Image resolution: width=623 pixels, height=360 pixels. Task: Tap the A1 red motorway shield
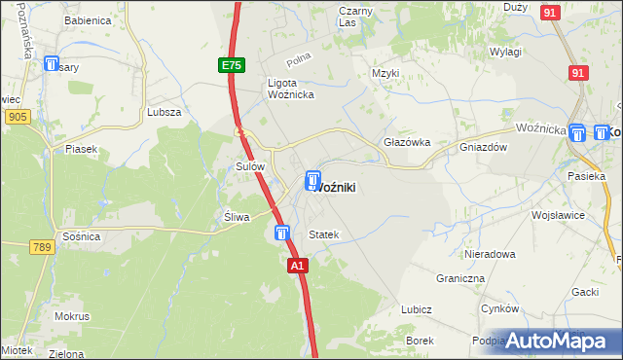tap(298, 265)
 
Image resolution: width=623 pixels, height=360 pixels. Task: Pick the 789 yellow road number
tap(40, 248)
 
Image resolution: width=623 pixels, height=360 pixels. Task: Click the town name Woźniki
tap(343, 187)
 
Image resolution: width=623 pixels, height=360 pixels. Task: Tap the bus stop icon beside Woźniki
tap(312, 180)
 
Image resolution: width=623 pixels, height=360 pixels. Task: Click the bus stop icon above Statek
tap(281, 234)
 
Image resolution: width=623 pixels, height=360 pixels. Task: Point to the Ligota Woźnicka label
tap(288, 89)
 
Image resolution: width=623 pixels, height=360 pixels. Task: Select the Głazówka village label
tap(407, 142)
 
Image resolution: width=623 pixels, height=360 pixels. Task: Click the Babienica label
tap(88, 19)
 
